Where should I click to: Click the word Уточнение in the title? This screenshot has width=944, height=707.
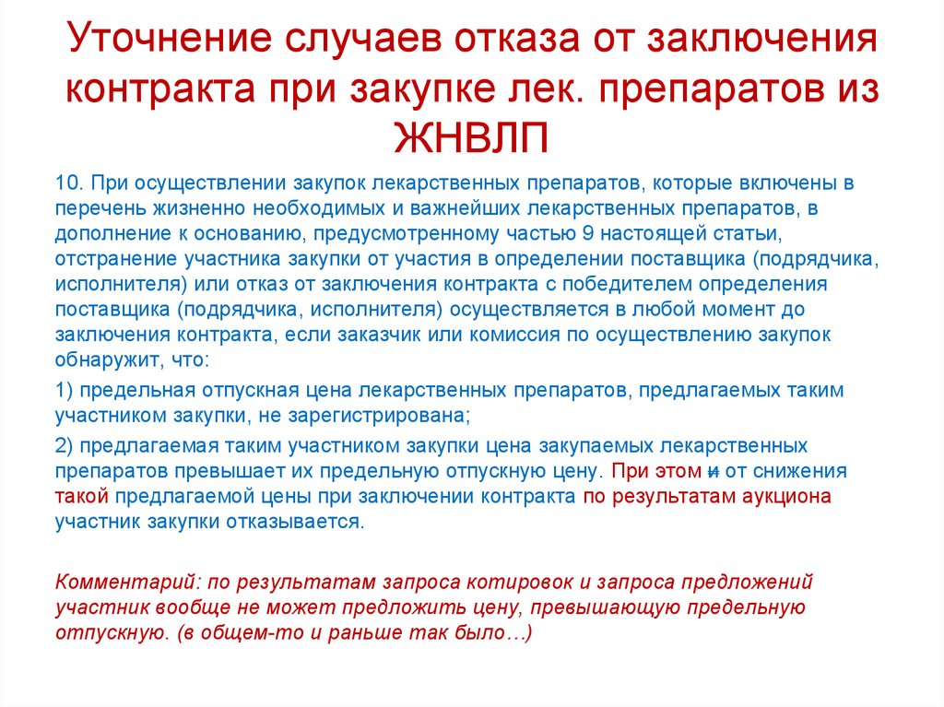171,39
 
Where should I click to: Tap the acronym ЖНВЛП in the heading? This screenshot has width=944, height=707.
471,138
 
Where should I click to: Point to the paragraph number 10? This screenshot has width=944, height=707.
70,183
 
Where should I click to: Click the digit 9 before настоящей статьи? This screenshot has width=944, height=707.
588,233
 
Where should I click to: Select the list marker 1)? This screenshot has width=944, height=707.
64,390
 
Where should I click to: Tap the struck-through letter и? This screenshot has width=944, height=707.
714,472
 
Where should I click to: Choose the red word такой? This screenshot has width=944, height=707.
82,497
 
